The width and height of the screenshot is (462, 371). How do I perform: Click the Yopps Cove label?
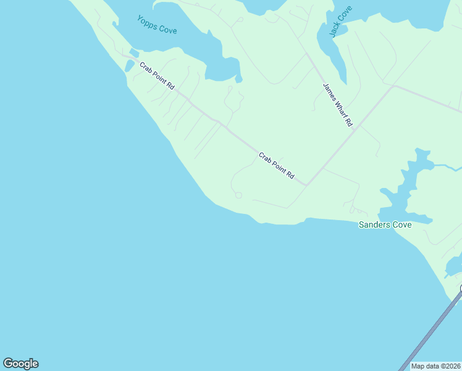tap(157, 25)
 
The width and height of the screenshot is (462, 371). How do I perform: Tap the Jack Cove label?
tap(340, 22)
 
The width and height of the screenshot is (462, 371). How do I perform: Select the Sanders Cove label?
tap(385, 224)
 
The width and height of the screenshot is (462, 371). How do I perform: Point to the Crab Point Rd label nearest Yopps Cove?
tap(157, 76)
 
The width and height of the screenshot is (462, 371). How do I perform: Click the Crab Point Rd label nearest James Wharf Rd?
tap(276, 166)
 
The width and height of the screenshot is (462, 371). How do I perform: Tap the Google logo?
tap(20, 364)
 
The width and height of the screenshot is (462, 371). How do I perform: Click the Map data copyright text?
tap(436, 366)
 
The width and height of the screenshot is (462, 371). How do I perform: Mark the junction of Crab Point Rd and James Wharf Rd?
tap(306, 184)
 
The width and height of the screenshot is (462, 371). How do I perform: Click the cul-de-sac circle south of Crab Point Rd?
tap(238, 195)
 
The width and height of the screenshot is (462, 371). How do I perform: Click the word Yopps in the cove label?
tap(147, 21)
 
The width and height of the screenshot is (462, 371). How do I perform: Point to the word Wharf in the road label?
tap(338, 106)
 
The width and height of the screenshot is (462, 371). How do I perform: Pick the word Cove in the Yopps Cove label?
tap(167, 29)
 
